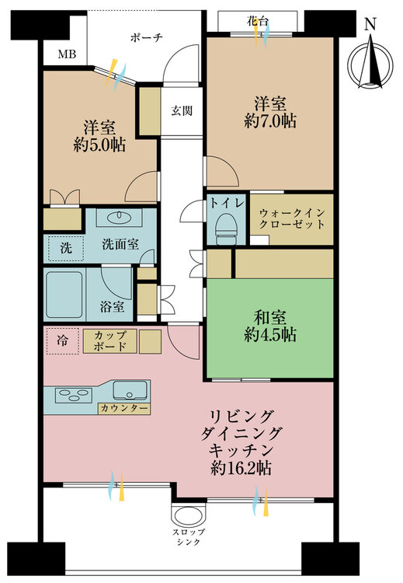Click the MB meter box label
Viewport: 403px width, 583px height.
pyautogui.click(x=67, y=54)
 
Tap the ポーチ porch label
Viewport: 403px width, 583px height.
pyautogui.click(x=146, y=37)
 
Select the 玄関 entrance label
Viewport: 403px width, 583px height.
pyautogui.click(x=182, y=110)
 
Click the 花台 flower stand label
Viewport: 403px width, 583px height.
pyautogui.click(x=257, y=21)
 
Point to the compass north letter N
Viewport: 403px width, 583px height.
pyautogui.click(x=370, y=25)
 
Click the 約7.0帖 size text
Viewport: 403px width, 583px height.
pyautogui.click(x=270, y=120)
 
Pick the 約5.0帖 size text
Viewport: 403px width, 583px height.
pyautogui.click(x=99, y=145)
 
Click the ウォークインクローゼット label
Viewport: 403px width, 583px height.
pyautogui.click(x=292, y=218)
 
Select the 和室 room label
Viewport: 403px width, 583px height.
pyautogui.click(x=270, y=318)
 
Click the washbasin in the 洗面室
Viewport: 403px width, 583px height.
pyautogui.click(x=119, y=217)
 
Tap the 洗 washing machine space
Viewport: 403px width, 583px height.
pyautogui.click(x=65, y=248)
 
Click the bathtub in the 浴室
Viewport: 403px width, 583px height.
pyautogui.click(x=64, y=295)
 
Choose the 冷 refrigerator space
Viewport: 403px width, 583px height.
pyautogui.click(x=62, y=340)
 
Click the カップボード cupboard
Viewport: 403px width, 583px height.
pyautogui.click(x=110, y=341)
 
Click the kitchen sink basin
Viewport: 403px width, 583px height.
pyautogui.click(x=129, y=390)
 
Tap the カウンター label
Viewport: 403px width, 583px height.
pyautogui.click(x=124, y=408)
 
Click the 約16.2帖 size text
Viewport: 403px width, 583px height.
pyautogui.click(x=240, y=468)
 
